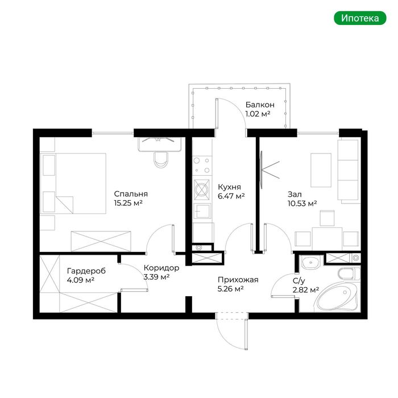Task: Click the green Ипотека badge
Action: (x=360, y=18)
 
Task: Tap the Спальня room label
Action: (x=131, y=194)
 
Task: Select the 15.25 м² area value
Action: (x=128, y=203)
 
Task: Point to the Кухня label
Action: (x=229, y=187)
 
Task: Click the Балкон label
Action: (x=260, y=105)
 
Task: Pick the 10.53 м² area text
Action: (x=302, y=204)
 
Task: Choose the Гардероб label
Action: (x=86, y=271)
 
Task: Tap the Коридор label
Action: (x=161, y=268)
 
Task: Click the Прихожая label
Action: (x=238, y=280)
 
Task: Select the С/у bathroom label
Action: (x=298, y=281)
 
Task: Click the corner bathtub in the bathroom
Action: (x=338, y=297)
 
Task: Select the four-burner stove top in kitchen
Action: (x=202, y=165)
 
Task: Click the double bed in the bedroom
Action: (x=73, y=183)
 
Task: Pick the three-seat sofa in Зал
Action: (x=349, y=171)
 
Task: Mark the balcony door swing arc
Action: (x=238, y=107)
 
